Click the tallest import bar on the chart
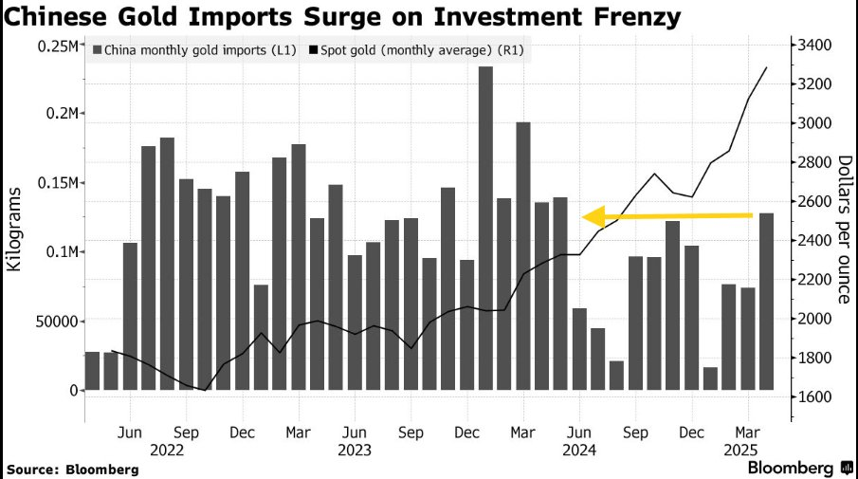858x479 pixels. [485, 228]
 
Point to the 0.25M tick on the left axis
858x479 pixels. [56, 46]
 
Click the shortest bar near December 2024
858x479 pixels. [710, 378]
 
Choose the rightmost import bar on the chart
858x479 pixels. [766, 302]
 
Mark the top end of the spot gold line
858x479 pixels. [766, 67]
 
